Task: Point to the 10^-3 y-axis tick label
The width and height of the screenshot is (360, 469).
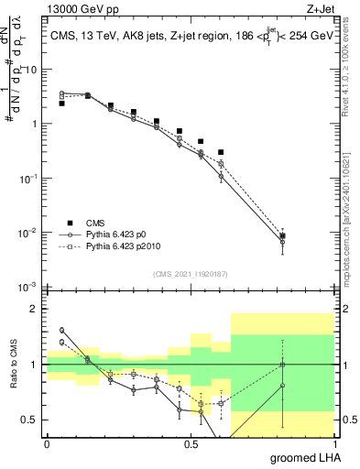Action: tap(28, 288)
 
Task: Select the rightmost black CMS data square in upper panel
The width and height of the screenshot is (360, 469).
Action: tap(283, 236)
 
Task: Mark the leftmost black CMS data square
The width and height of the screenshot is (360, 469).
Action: tap(61, 104)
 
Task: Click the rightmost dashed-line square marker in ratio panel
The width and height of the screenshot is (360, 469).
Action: tap(283, 365)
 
